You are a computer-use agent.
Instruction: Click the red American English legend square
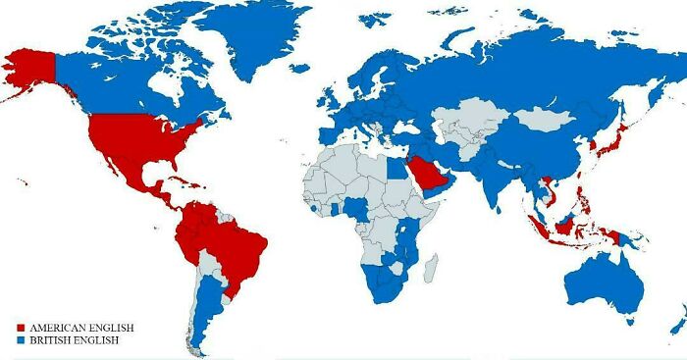pyautogui.click(x=22, y=327)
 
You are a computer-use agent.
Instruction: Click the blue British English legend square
pyautogui.click(x=22, y=339)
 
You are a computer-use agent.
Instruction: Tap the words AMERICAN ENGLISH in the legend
pyautogui.click(x=81, y=327)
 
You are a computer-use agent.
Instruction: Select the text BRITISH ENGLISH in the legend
pyautogui.click(x=75, y=339)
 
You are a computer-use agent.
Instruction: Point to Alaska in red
pyautogui.click(x=29, y=69)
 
